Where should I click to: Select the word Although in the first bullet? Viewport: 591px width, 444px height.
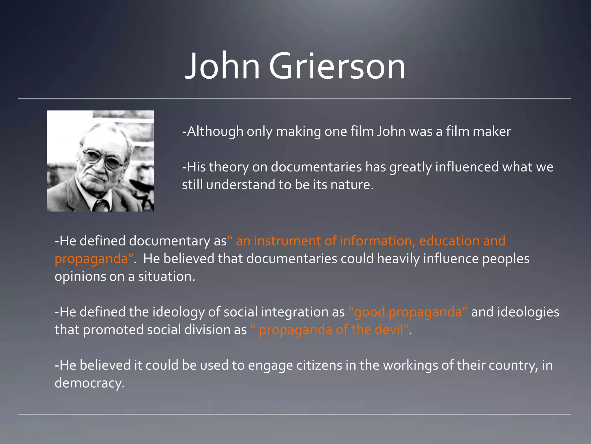point(215,132)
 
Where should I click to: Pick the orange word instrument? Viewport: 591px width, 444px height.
point(287,241)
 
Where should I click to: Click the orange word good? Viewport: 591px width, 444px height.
point(369,312)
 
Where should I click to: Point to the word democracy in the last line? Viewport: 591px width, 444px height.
point(89,383)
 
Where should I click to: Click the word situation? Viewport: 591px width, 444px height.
point(166,277)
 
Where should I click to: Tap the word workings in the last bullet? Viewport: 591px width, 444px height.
point(410,365)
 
